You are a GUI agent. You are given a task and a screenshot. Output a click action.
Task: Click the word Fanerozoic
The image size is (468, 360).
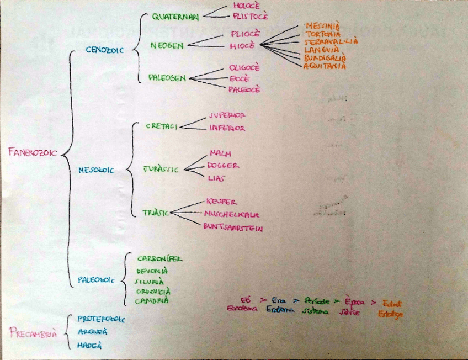pos(33,152)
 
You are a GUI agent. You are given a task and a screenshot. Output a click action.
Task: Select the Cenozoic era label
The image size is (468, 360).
pos(105,49)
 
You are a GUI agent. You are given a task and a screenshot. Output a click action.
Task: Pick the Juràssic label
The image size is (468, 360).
pos(161,169)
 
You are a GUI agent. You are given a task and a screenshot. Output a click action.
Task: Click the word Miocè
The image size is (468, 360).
pos(242,46)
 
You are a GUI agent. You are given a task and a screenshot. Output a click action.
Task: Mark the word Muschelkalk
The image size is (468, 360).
pos(231,214)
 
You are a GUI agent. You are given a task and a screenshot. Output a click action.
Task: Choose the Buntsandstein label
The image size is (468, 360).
pos(232,227)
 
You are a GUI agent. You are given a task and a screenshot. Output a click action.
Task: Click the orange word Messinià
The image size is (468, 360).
pos(322,25)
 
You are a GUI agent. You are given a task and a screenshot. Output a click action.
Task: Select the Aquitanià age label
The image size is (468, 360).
pos(325,66)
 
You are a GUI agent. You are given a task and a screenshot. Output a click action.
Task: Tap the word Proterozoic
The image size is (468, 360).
pos(102,319)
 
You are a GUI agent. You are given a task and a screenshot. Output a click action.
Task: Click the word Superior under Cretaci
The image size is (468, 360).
pos(227,115)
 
